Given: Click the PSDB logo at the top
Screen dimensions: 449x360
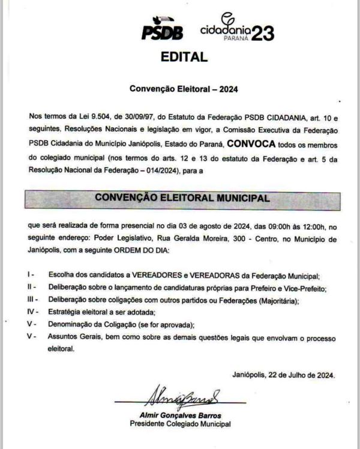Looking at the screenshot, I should [x=161, y=29].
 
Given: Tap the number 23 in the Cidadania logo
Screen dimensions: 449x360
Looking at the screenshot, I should [x=262, y=34].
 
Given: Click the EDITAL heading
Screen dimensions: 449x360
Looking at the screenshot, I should [x=184, y=58].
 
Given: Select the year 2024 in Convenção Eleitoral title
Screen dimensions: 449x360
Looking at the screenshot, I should [x=228, y=89].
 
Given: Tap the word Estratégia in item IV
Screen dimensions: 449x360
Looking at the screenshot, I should [x=65, y=312].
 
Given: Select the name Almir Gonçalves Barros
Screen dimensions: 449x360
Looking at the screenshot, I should [x=179, y=415].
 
